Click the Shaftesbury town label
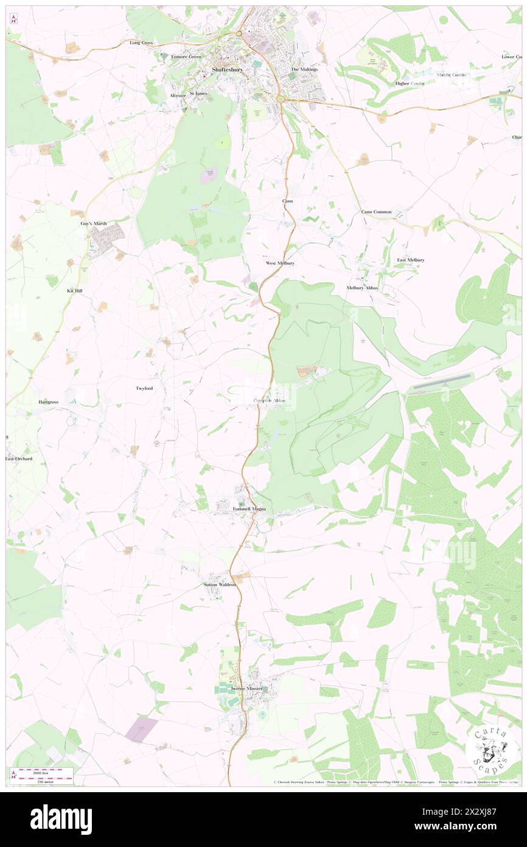[226, 70]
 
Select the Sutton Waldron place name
[220, 584]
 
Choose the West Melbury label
[280, 263]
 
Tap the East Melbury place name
[411, 260]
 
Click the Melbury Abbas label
[362, 288]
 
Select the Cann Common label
[376, 212]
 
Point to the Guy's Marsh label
[94, 224]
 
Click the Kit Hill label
[75, 291]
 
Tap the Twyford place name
[144, 388]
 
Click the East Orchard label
[19, 458]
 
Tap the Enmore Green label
[186, 57]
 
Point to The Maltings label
[304, 69]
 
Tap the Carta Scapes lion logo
[490, 746]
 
